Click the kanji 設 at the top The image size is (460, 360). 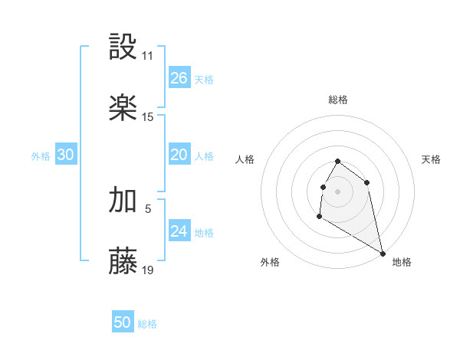(x=123, y=47)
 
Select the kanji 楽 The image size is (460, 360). (x=123, y=108)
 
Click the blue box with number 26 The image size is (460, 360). (x=179, y=78)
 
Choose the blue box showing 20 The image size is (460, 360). (x=179, y=155)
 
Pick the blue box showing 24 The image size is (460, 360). (x=179, y=231)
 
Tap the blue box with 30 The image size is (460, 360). (x=66, y=155)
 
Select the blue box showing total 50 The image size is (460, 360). (x=123, y=322)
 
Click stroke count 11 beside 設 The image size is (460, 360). (x=147, y=56)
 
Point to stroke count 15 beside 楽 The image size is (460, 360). (x=148, y=117)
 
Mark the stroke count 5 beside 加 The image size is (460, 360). (x=148, y=208)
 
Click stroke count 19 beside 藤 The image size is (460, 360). (x=148, y=270)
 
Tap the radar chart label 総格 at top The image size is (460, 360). (x=338, y=100)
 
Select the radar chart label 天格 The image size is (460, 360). (x=431, y=159)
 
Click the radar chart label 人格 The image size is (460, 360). (x=245, y=159)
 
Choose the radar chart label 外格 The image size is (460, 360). (x=270, y=262)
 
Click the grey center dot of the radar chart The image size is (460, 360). (x=338, y=191)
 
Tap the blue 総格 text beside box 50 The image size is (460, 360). (x=147, y=324)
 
